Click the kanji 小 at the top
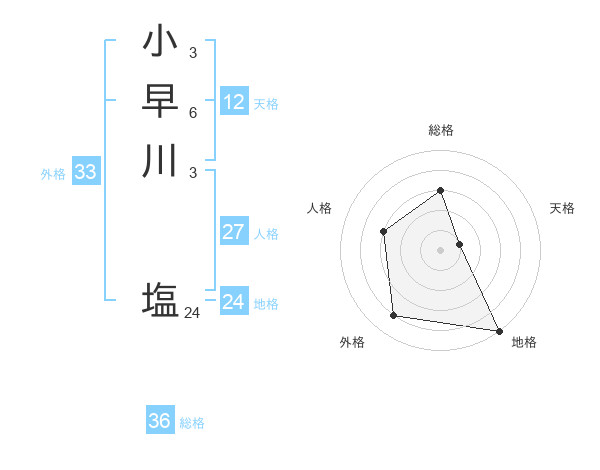click(161, 44)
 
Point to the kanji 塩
click(161, 300)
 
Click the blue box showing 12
click(234, 101)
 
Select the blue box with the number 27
click(234, 232)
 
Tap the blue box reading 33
click(86, 172)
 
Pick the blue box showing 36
click(160, 421)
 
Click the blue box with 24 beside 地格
click(234, 302)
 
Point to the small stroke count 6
click(192, 112)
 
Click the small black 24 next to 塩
click(192, 313)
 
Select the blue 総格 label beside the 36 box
click(192, 423)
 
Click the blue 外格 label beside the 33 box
click(53, 174)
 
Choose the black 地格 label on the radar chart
click(524, 342)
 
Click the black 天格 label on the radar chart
click(563, 208)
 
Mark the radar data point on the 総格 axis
click(440, 190)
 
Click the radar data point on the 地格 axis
click(499, 331)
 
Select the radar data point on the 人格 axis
click(383, 232)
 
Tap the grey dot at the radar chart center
click(440, 249)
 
